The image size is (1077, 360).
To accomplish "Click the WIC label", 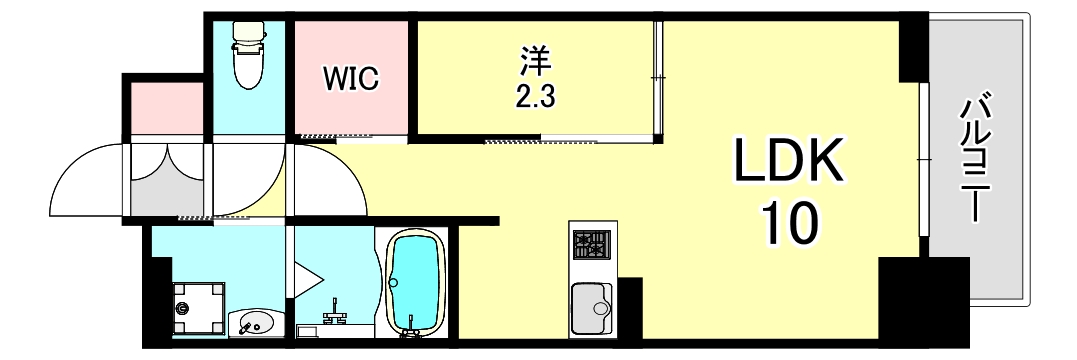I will click(350, 79).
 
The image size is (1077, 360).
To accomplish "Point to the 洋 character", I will click(535, 62).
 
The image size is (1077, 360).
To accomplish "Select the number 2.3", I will click(535, 96).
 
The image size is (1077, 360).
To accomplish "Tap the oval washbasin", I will click(254, 323).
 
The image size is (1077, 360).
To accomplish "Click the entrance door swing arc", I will click(85, 180).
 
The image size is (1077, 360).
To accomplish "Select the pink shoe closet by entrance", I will click(166, 107).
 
